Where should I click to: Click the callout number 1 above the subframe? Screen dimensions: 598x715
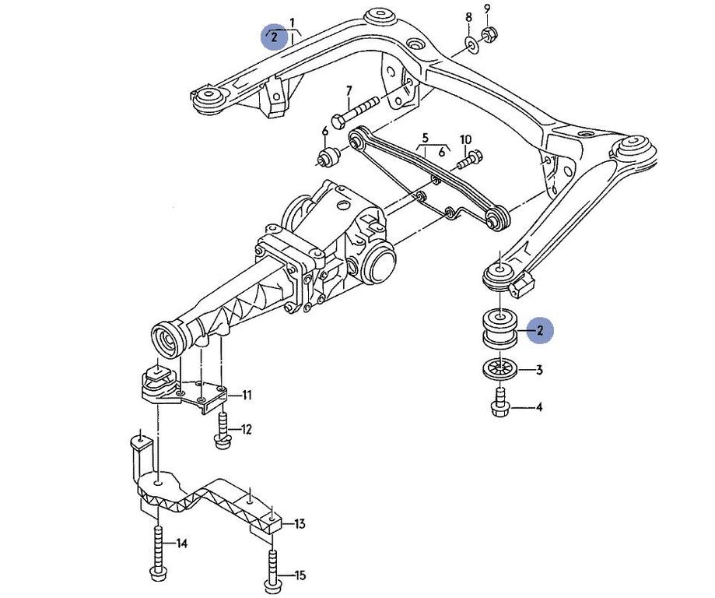(x=292, y=22)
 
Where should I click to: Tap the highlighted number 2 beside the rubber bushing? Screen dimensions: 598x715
(x=538, y=330)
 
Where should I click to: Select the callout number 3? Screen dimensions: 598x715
(x=538, y=371)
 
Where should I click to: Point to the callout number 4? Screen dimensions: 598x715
(x=538, y=406)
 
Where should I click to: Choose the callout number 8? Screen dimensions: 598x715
(x=468, y=17)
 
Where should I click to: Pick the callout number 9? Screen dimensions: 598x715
(x=487, y=9)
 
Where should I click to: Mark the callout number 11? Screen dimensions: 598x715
(x=246, y=396)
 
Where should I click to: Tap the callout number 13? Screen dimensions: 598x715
(x=300, y=524)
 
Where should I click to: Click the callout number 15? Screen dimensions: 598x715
(x=300, y=575)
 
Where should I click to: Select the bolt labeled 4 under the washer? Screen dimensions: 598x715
(x=500, y=403)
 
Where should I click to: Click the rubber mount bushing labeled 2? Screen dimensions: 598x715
(x=499, y=329)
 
